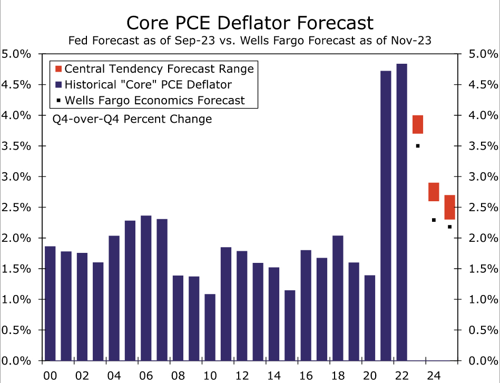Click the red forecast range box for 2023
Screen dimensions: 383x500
coord(418,124)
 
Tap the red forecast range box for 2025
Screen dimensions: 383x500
coord(449,207)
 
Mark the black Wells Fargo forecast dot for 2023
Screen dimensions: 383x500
coord(418,146)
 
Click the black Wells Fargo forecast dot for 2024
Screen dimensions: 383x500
coord(434,220)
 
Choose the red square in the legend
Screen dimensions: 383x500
coord(58,68)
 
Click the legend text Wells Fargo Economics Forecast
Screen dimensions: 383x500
coord(155,100)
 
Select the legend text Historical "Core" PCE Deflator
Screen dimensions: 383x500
coord(148,84)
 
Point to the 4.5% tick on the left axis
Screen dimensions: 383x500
coord(16,85)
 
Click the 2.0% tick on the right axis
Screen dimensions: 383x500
coord(483,238)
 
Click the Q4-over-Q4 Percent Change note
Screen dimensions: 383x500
coord(132,119)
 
